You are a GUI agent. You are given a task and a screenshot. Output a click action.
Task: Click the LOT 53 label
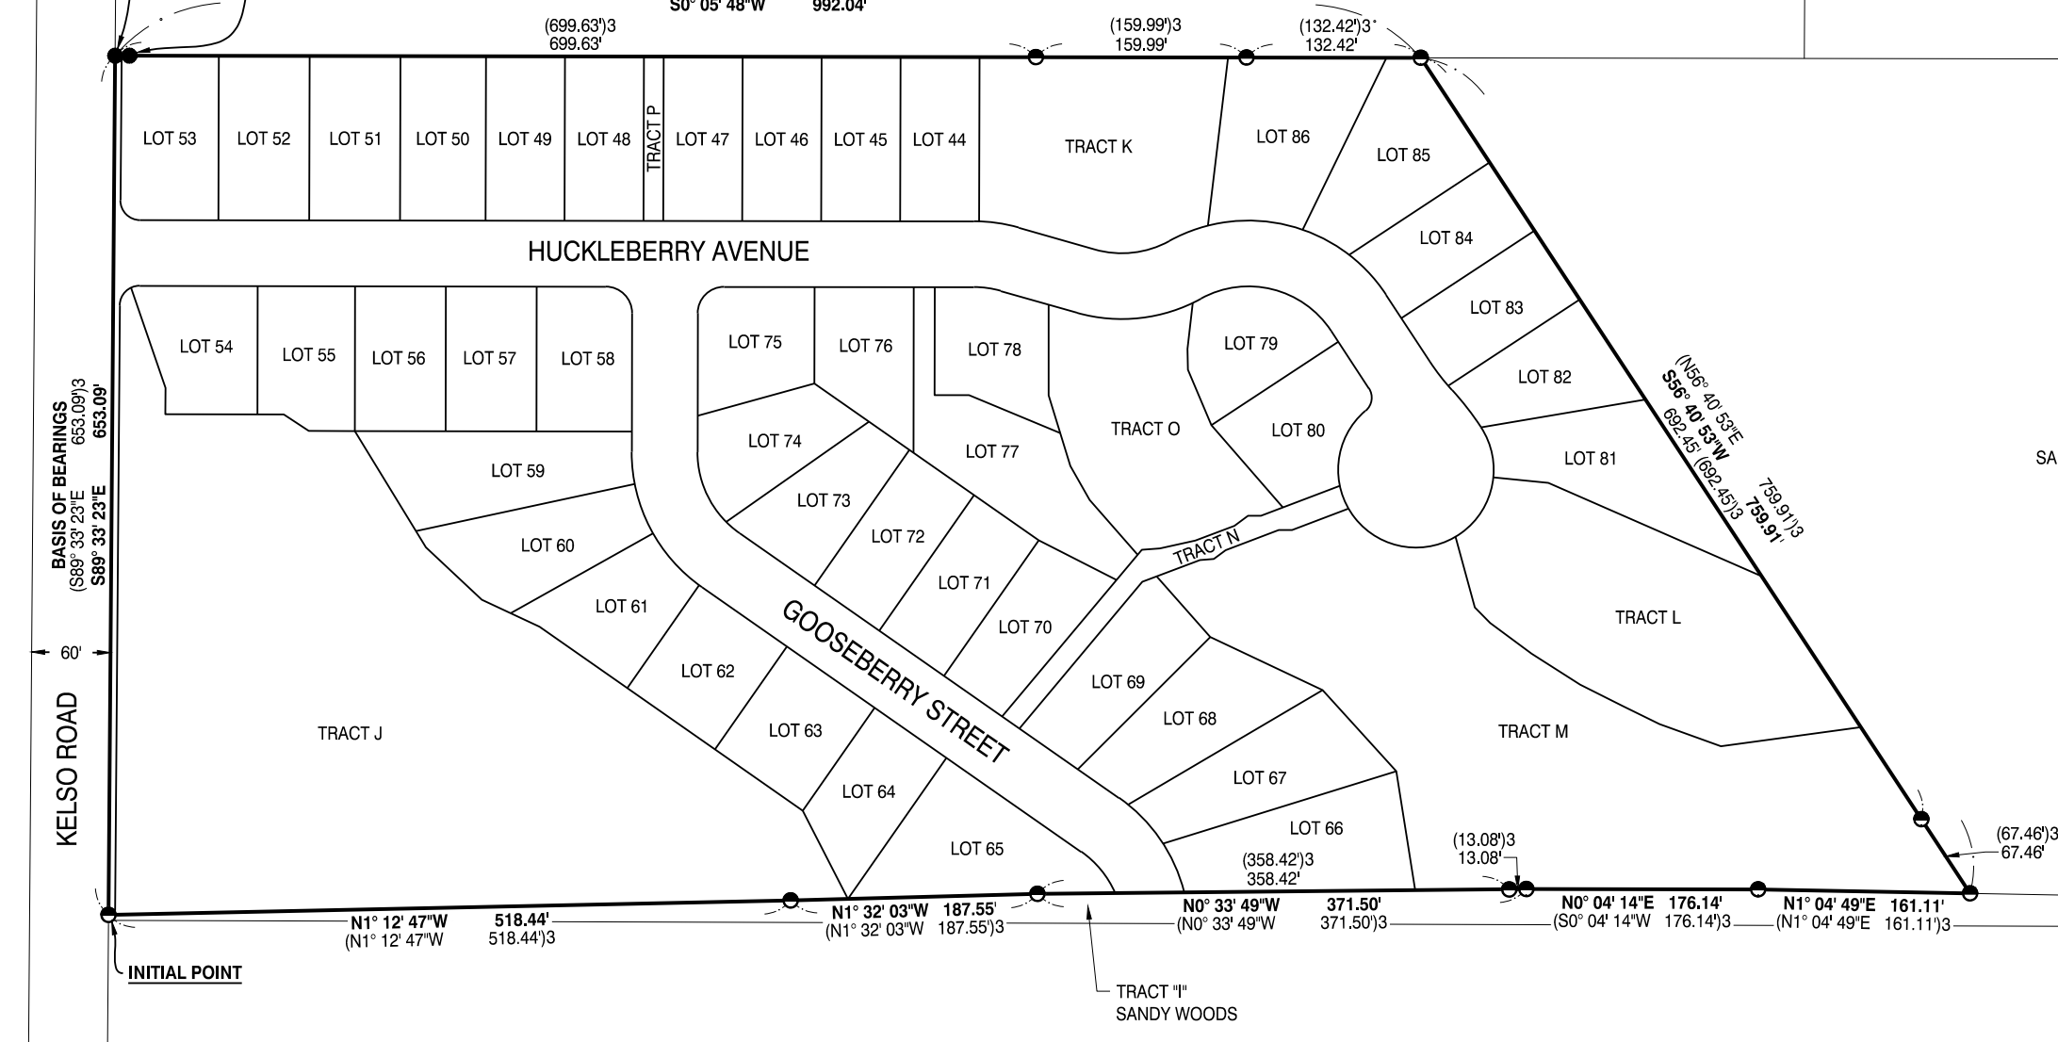(x=170, y=138)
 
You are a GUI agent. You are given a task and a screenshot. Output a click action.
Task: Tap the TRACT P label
(x=655, y=138)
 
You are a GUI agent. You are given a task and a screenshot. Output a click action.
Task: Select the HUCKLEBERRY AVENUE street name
(x=668, y=252)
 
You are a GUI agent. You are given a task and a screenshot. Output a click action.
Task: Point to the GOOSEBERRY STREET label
(x=896, y=683)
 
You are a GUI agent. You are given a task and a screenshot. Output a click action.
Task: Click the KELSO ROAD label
(x=67, y=770)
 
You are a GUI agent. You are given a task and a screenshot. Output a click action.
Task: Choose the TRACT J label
(x=350, y=734)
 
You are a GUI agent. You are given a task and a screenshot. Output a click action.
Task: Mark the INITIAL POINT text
(x=185, y=973)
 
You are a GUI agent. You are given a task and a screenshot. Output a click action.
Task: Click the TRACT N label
(x=1206, y=548)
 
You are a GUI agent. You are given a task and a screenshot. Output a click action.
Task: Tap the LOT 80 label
(x=1298, y=431)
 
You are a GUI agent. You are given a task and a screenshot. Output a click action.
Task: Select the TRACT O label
(x=1145, y=429)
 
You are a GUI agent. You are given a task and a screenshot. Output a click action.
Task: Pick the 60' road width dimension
(x=71, y=653)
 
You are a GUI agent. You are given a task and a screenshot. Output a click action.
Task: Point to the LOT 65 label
(x=976, y=849)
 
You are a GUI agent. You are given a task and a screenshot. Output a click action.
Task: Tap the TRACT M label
(x=1533, y=731)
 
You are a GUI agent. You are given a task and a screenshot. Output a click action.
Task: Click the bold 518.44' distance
(x=521, y=920)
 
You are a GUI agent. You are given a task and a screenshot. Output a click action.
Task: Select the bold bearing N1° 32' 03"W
(x=879, y=911)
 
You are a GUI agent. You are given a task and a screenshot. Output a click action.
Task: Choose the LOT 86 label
(x=1282, y=137)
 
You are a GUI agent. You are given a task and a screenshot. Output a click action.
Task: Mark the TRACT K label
(x=1098, y=146)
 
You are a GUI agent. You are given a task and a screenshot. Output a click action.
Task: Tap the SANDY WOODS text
(x=1176, y=1015)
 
